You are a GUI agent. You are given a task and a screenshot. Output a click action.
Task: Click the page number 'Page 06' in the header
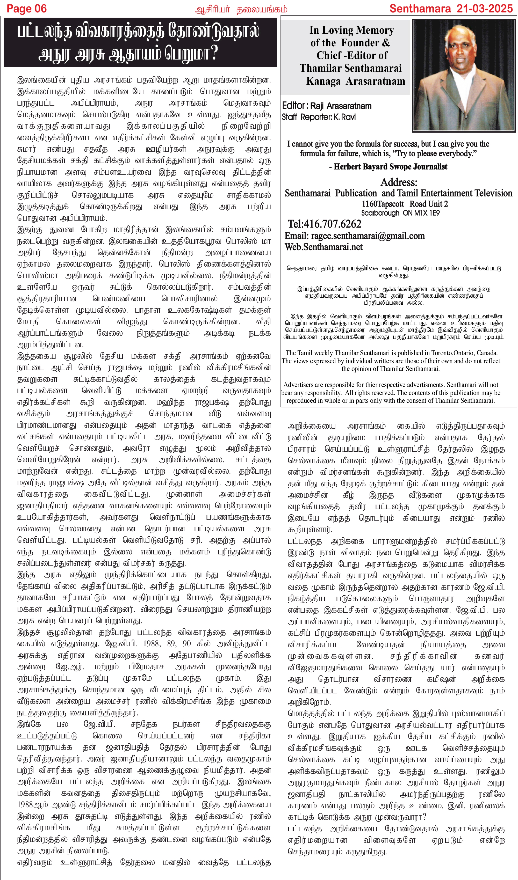27,9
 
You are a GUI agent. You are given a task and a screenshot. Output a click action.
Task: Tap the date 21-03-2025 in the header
484,9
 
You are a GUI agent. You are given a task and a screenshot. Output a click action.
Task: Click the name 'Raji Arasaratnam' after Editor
341,106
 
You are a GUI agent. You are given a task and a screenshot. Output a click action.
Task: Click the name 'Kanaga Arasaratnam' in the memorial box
355,81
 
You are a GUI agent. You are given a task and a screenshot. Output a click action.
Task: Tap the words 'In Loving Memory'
352,30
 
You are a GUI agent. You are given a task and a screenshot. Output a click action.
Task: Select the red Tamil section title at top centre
241,9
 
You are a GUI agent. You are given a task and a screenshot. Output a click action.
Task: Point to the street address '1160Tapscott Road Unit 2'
404,204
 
